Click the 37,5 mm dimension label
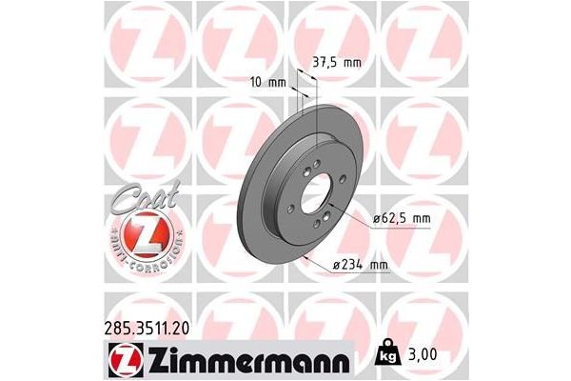click(338, 64)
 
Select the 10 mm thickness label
click(271, 83)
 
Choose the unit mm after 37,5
click(353, 64)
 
